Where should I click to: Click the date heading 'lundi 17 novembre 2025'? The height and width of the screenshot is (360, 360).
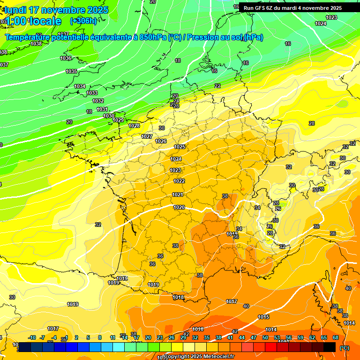(x=56, y=10)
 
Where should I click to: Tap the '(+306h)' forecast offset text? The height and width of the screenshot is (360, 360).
(x=83, y=21)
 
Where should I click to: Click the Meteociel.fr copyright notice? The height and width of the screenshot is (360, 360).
(x=199, y=356)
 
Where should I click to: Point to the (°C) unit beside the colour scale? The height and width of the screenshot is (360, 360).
(x=345, y=347)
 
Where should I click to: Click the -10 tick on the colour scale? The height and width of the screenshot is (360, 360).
(x=32, y=337)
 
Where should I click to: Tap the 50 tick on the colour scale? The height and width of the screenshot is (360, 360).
(x=265, y=337)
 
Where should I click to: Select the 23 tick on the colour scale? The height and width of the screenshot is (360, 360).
(x=160, y=337)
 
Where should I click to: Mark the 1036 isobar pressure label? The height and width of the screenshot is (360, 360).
(x=66, y=59)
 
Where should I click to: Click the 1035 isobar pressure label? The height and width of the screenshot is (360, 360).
(x=71, y=72)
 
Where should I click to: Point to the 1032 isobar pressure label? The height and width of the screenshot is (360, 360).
(x=97, y=101)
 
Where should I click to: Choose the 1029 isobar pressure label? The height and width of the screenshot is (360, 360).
(x=118, y=120)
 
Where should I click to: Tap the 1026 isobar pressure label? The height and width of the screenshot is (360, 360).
(x=161, y=141)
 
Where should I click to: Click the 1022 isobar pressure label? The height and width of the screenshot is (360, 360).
(x=179, y=181)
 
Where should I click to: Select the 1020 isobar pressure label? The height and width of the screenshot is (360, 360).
(x=179, y=207)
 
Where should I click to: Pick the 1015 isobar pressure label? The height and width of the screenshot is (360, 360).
(x=263, y=317)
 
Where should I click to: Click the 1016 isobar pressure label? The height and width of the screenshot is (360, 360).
(x=198, y=329)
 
